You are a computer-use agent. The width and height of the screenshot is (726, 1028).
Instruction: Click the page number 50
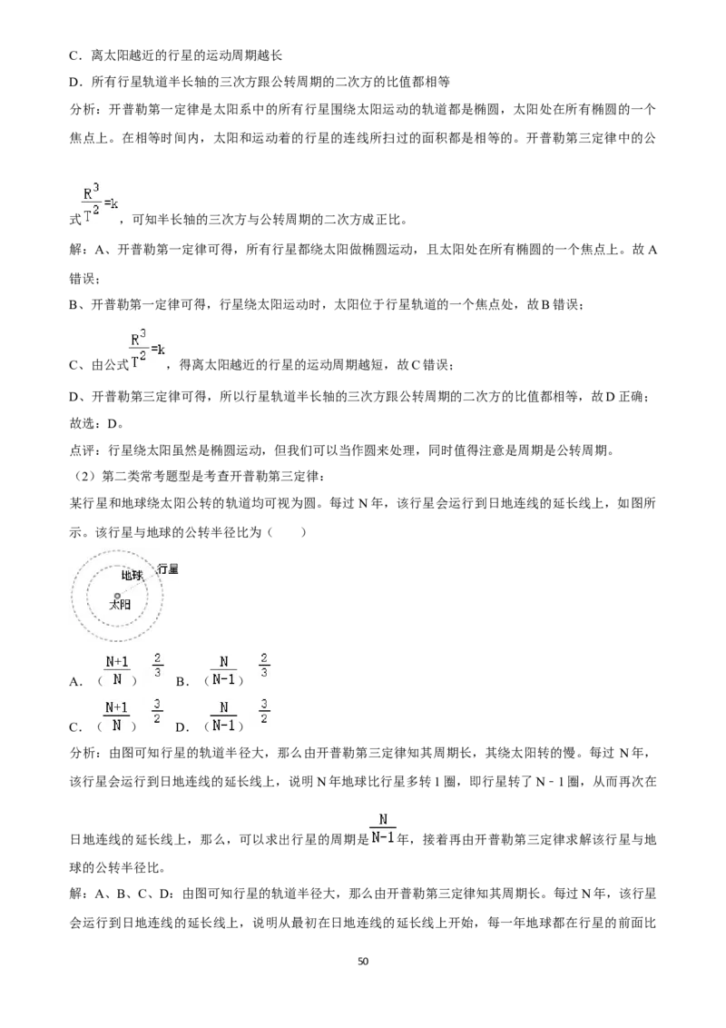pos(363,961)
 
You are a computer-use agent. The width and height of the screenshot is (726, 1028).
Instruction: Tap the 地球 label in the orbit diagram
pos(132,576)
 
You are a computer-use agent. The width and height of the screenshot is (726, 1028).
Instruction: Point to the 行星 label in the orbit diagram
pos(168,569)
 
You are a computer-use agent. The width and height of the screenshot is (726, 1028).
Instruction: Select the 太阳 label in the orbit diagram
pos(119,605)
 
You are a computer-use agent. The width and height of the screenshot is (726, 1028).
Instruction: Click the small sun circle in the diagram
pos(118,596)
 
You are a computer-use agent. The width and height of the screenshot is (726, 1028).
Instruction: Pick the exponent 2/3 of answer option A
pos(157,665)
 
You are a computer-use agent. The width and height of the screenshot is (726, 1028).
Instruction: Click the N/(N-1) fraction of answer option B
pos(224,671)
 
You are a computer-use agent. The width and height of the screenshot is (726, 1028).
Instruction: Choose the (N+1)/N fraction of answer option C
pos(117,717)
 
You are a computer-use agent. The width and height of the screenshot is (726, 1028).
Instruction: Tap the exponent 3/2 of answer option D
pos(264,711)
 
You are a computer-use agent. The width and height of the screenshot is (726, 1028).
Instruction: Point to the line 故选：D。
pos(97,423)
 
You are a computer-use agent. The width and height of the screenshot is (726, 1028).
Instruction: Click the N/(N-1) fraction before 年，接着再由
pos(383,829)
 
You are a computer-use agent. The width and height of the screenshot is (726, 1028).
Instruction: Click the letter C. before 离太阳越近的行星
pos(76,56)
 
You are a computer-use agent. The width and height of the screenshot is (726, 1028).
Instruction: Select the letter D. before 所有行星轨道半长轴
pos(76,83)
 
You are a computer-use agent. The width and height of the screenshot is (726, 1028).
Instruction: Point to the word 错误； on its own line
pos(84,279)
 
